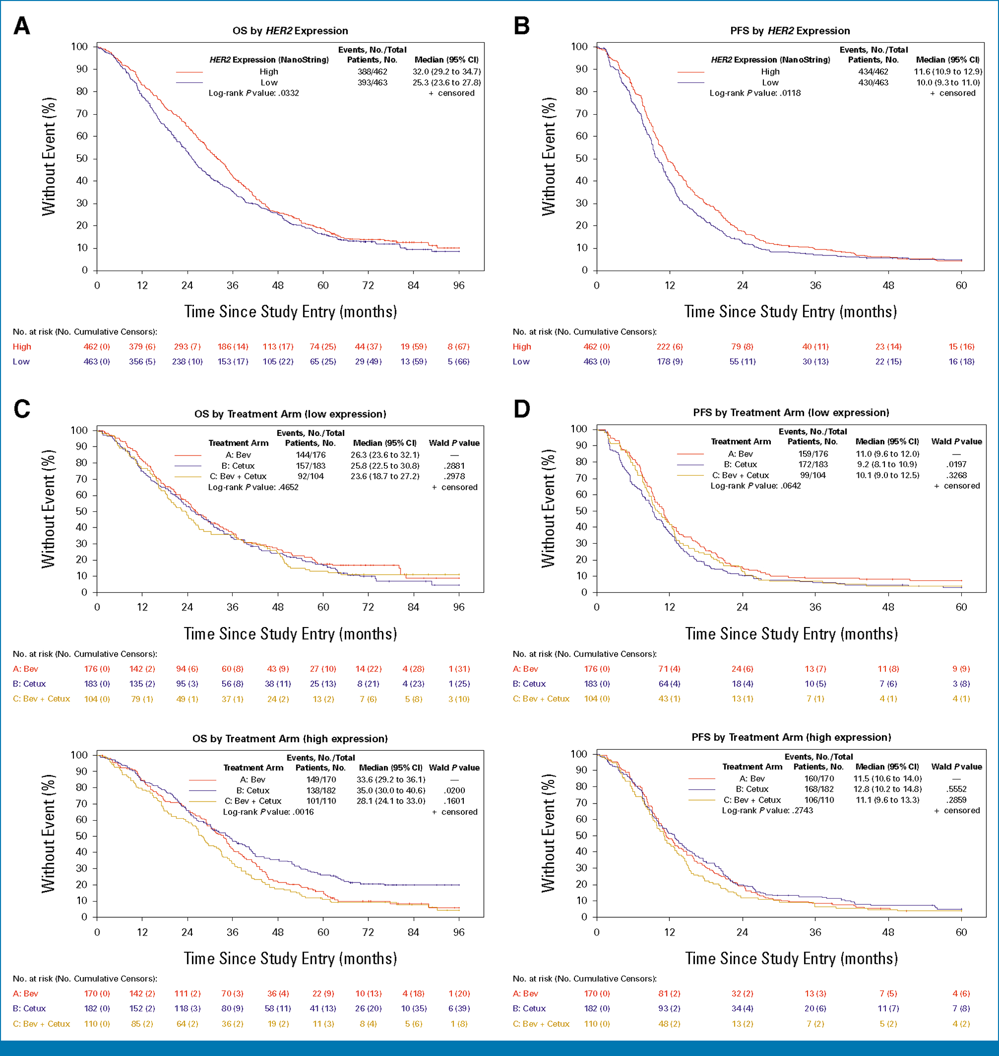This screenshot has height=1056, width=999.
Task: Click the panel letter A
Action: (22, 26)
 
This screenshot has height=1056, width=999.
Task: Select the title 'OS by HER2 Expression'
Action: (290, 31)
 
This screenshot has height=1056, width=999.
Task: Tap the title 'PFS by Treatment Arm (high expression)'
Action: (791, 737)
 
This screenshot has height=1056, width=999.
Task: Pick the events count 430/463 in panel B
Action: (873, 82)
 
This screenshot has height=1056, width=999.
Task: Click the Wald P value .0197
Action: (956, 465)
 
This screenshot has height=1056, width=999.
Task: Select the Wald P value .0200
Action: (454, 790)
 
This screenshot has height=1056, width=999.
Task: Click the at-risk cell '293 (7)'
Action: (187, 346)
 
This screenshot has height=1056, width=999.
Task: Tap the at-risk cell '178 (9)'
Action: (669, 361)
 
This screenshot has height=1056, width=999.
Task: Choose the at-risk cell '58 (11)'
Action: (278, 1008)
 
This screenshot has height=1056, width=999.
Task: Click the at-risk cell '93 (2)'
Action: (669, 1008)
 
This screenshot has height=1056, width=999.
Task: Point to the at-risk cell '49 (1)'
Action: (187, 698)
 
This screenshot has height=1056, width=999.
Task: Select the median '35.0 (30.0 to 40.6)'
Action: (391, 790)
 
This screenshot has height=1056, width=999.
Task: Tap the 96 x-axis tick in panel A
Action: (458, 286)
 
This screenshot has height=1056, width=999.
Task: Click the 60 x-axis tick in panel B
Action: (961, 286)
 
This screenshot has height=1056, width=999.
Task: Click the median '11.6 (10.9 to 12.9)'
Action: (948, 71)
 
